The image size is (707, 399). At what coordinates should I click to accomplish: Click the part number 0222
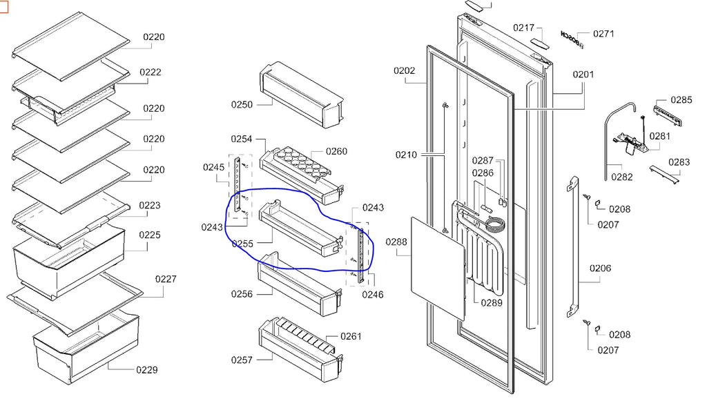coord(151,72)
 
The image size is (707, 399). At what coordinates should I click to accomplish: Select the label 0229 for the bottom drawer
coord(146,370)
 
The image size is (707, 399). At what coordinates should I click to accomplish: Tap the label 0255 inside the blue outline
coord(242,243)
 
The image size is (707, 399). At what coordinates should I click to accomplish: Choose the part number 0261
coord(351,336)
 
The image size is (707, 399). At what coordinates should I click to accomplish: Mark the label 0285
coord(681,100)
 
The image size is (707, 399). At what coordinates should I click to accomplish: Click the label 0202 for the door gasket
coord(405,70)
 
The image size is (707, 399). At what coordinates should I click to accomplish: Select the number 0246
coord(374,295)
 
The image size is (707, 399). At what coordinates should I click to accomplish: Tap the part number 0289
coord(492,302)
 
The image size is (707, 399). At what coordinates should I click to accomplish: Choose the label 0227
coord(166,279)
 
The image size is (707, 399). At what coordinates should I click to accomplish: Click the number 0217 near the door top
coord(523,28)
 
